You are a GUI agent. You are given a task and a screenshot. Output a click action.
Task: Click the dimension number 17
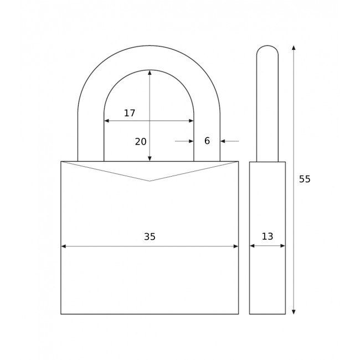coord(130,113)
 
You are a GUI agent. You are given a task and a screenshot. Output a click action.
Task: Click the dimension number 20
coord(141,142)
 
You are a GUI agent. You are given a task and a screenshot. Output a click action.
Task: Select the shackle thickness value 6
coord(207,141)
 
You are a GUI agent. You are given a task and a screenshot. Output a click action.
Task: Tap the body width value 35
coord(150,236)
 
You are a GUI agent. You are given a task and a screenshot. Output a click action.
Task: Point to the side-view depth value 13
coord(268,236)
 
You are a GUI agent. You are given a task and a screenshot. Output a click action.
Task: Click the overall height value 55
coord(305,179)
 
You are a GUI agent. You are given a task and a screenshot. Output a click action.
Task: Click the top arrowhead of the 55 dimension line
coord(294,48)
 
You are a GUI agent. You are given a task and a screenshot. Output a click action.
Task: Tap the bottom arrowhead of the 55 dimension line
coord(294,312)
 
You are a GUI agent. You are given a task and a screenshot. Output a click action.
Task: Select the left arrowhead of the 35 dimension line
coord(64,246)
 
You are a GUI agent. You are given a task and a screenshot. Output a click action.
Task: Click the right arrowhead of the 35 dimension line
coord(236,246)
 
